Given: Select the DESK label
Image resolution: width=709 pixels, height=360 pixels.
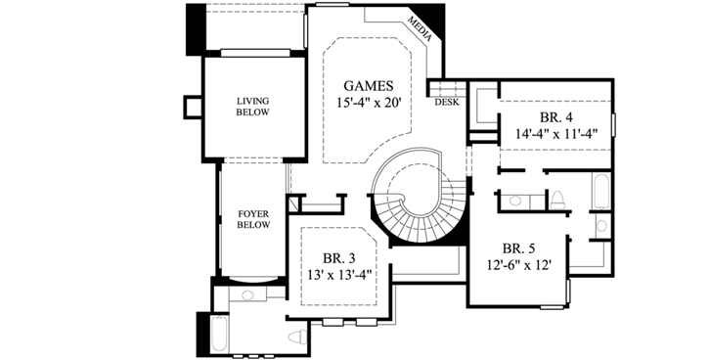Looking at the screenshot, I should point(446,102).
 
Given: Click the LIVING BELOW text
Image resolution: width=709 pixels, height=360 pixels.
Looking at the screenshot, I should point(252,106).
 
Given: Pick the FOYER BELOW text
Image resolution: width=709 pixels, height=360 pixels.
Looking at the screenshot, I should point(252,219).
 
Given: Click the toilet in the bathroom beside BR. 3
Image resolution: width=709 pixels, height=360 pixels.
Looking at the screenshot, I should point(296,337).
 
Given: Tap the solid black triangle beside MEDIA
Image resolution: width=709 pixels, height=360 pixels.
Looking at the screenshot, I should point(437,22).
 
